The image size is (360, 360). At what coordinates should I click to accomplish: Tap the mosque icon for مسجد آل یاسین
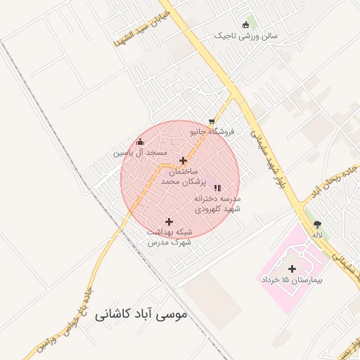(140, 141)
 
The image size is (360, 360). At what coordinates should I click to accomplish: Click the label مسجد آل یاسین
(141, 153)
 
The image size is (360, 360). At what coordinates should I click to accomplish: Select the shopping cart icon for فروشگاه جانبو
(212, 121)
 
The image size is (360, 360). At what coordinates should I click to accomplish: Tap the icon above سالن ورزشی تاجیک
(245, 24)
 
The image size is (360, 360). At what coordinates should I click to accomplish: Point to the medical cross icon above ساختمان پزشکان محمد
(183, 160)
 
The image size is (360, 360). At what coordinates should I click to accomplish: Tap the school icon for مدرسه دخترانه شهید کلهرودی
(217, 188)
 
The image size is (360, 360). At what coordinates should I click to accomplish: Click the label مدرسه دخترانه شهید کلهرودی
(218, 204)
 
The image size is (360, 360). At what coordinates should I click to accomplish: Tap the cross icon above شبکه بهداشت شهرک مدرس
(169, 221)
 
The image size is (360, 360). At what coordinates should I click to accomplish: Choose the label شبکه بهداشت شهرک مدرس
(169, 237)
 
